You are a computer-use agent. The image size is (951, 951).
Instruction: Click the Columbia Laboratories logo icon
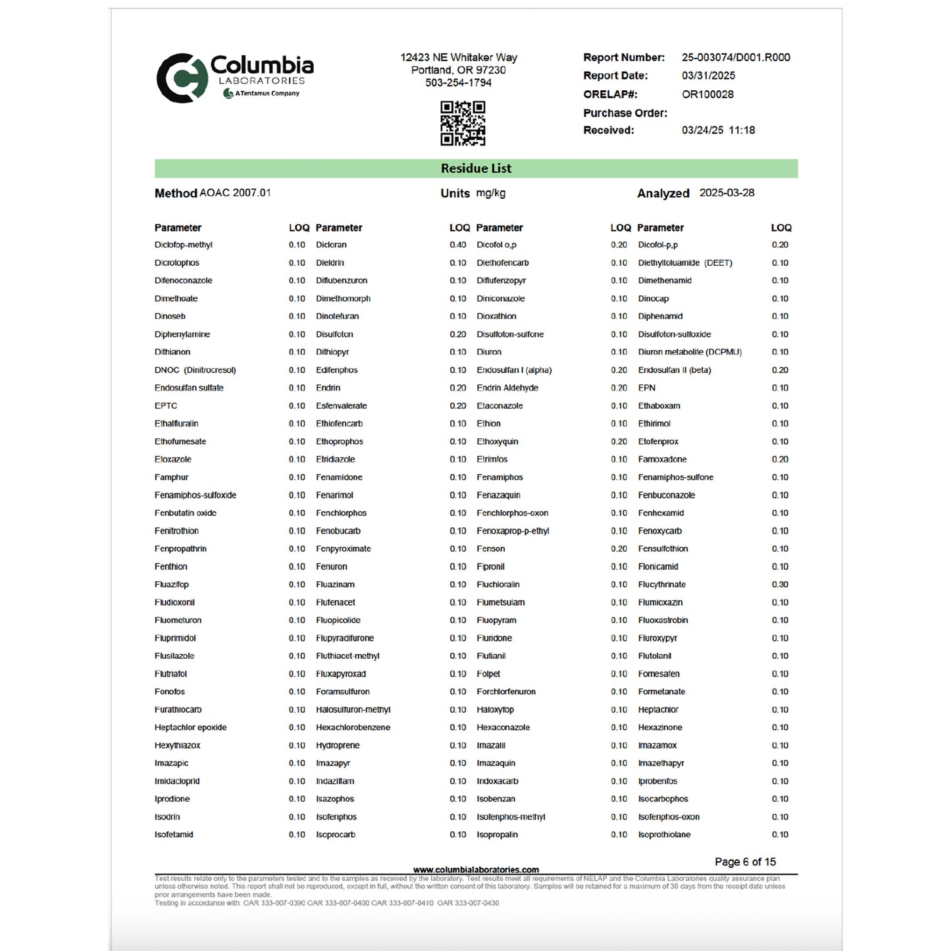click(178, 78)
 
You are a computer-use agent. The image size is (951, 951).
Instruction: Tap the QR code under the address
click(463, 123)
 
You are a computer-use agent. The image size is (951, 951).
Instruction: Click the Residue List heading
click(476, 168)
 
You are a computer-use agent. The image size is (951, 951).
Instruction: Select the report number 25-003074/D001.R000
click(736, 57)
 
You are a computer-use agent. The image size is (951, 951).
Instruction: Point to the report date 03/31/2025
click(708, 76)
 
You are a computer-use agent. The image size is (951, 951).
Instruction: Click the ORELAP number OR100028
click(707, 94)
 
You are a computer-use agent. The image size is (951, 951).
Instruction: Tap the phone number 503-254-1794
click(458, 83)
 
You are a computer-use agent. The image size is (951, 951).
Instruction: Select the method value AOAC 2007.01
click(235, 193)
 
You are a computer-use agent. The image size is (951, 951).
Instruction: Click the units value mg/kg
click(491, 193)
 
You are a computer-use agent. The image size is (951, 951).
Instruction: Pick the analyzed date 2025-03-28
click(727, 193)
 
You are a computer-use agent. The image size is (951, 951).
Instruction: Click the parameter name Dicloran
click(331, 245)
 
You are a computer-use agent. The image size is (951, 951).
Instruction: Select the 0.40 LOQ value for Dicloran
click(458, 245)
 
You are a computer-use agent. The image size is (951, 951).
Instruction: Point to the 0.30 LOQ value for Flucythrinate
click(780, 584)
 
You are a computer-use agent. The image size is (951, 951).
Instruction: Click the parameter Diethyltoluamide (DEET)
click(685, 263)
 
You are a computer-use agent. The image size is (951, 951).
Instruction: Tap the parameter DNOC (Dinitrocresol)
click(195, 370)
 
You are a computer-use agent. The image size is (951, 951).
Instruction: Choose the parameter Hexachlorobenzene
click(353, 727)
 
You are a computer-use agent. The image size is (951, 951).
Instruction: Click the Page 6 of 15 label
click(745, 861)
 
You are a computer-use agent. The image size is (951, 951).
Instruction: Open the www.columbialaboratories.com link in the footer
click(476, 869)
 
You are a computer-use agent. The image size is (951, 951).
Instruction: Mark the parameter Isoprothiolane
click(664, 835)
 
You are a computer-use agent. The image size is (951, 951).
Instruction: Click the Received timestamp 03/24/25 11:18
click(718, 130)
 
